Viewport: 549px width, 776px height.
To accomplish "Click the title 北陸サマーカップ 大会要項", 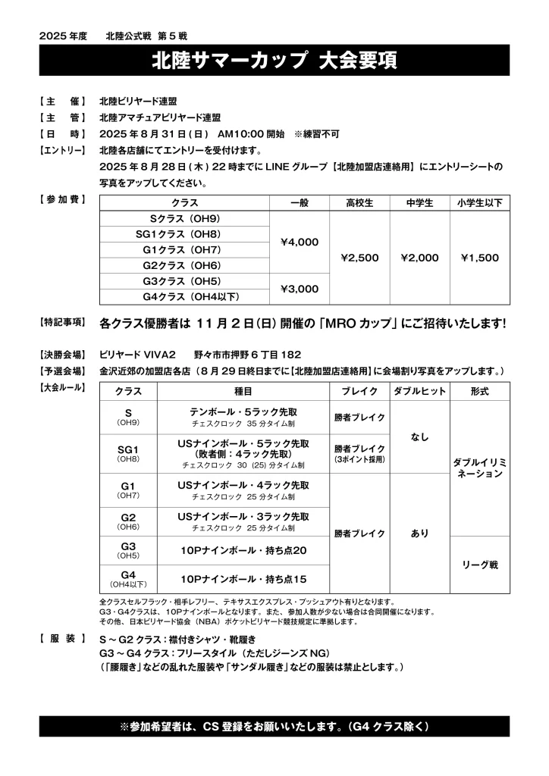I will pyautogui.click(x=274, y=60).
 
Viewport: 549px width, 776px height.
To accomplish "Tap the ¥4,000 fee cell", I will pyautogui.click(x=300, y=242).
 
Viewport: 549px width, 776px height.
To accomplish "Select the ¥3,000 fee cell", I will pyautogui.click(x=300, y=289).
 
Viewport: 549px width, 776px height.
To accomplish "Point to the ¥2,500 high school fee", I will pyautogui.click(x=360, y=258).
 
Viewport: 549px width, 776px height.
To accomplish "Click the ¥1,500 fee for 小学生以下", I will pyautogui.click(x=479, y=258).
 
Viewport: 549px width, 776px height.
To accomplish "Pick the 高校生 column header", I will pyautogui.click(x=360, y=203).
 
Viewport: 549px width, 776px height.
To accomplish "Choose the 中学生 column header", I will pyautogui.click(x=419, y=203).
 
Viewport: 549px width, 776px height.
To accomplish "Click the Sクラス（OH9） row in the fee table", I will pyautogui.click(x=185, y=219).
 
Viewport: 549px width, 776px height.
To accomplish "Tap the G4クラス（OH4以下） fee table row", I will pyautogui.click(x=185, y=296).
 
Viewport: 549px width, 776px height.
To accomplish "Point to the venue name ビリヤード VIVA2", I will pyautogui.click(x=137, y=355).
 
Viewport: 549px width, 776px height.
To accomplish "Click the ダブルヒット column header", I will pyautogui.click(x=419, y=392).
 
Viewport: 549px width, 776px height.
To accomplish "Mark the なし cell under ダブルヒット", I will pyautogui.click(x=419, y=437).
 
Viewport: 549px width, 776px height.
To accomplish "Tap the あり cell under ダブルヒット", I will pyautogui.click(x=419, y=533).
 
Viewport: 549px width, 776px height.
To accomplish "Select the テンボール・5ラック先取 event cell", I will pyautogui.click(x=243, y=413).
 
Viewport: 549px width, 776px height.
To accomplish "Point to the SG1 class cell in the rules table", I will pyautogui.click(x=127, y=453).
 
